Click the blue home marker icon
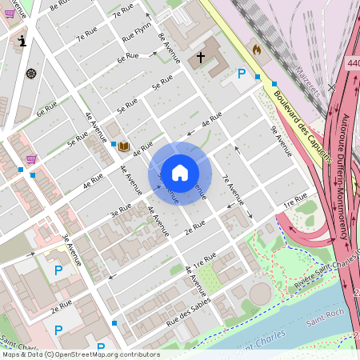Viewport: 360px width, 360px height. pyautogui.click(x=180, y=173)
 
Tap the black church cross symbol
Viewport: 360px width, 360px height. pyautogui.click(x=202, y=58)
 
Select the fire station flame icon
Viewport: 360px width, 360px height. pyautogui.click(x=257, y=50)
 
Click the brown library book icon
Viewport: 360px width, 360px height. pyautogui.click(x=123, y=146)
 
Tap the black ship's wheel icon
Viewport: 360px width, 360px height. pyautogui.click(x=31, y=74)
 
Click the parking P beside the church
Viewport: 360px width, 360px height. pyautogui.click(x=242, y=74)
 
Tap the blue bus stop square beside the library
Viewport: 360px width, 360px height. pyautogui.click(x=113, y=144)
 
